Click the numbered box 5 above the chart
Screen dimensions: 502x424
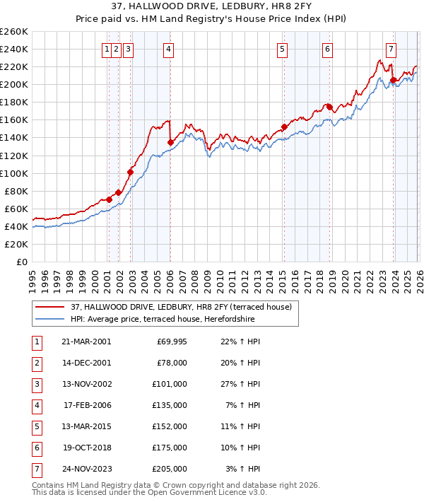coord(283,49)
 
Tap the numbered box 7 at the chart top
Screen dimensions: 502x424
coord(391,49)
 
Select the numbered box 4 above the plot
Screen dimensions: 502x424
coord(170,49)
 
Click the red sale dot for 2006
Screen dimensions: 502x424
coord(170,142)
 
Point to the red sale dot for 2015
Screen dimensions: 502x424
coord(283,127)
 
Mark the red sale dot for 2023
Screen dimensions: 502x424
coord(393,80)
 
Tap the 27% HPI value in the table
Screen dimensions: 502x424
coord(242,385)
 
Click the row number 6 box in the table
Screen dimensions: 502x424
coord(36,448)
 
